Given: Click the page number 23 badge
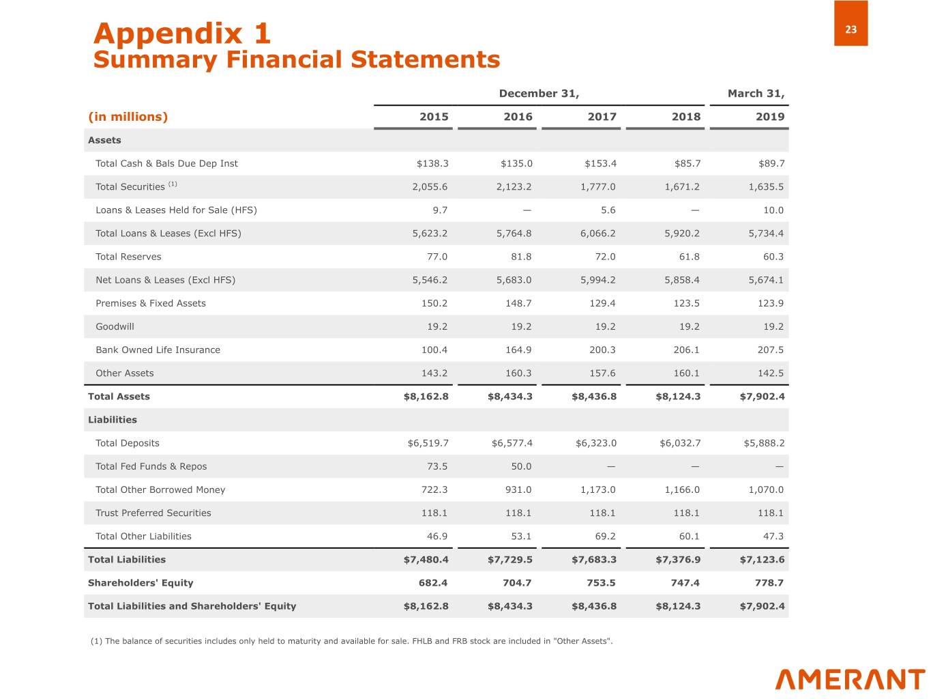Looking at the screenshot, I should click(851, 29).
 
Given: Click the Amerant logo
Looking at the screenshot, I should click(850, 679).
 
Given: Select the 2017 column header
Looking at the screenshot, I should click(602, 117).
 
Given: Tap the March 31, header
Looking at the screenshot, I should click(756, 94).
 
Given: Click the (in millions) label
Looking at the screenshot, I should click(128, 117).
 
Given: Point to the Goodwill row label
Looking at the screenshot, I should click(115, 326).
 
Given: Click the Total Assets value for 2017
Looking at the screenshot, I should click(594, 397).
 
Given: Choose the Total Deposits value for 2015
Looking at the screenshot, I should click(428, 443).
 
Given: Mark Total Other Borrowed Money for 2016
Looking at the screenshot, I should click(518, 489).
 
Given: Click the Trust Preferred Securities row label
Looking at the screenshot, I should click(153, 513).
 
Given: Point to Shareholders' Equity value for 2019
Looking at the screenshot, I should click(769, 583).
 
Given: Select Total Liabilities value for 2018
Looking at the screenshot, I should click(678, 560).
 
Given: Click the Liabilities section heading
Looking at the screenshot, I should click(113, 420).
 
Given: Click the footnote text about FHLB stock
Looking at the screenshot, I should click(351, 641).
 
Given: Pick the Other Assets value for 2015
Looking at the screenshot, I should click(434, 373).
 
